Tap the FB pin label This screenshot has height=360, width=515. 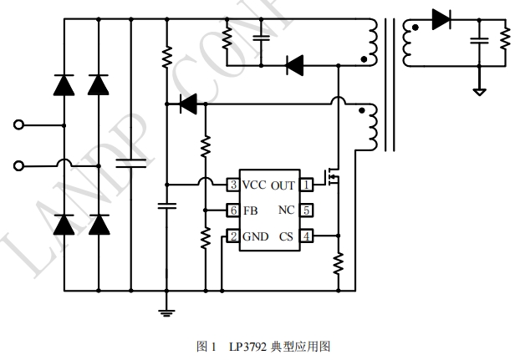click(250, 210)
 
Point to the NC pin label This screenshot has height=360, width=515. click(286, 210)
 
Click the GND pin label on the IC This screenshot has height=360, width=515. click(255, 236)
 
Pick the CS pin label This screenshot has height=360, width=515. click(286, 236)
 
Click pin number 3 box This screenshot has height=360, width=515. click(234, 185)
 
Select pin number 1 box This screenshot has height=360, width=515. click(307, 185)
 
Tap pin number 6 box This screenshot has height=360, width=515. click(234, 210)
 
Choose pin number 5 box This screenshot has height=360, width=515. click(307, 210)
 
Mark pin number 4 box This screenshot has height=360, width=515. click(307, 236)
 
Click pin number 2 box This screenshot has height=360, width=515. click(234, 236)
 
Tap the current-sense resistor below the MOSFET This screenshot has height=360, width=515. click(339, 263)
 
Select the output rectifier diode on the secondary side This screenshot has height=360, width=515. click(441, 19)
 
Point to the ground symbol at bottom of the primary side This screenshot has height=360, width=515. click(167, 312)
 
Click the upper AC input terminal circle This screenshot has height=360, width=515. click(18, 125)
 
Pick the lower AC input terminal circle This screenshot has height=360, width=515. click(18, 165)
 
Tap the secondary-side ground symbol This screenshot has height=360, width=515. click(478, 90)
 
